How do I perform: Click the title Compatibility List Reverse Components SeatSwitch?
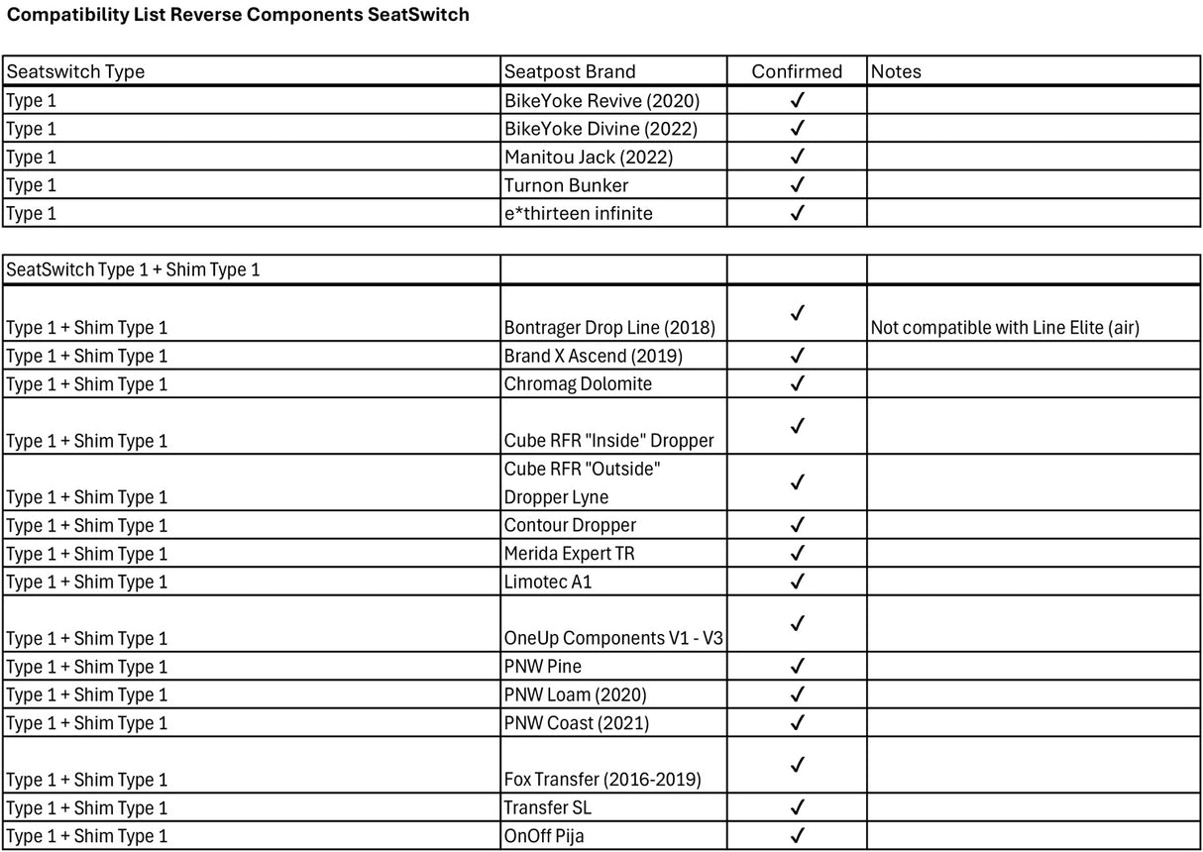pos(238,15)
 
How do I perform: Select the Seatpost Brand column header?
pos(570,71)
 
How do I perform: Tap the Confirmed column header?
pos(797,71)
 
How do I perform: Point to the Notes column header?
pos(896,71)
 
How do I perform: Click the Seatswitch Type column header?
pos(75,71)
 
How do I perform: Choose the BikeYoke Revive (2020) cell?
pos(601,100)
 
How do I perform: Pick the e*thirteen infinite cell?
pos(578,213)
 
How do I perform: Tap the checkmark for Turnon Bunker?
pos(797,184)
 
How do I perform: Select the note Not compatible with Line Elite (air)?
pos(1005,328)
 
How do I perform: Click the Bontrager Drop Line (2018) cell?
pos(609,328)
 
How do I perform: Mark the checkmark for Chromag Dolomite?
pos(797,383)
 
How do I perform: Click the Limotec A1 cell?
pos(548,582)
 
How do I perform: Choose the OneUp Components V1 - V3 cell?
pos(613,639)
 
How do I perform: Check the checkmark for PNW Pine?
pos(797,666)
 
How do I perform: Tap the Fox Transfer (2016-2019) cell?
pos(602,780)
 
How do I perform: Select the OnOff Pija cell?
pos(544,836)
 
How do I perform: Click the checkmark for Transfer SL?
pos(797,807)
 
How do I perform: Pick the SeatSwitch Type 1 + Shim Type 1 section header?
pos(133,269)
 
